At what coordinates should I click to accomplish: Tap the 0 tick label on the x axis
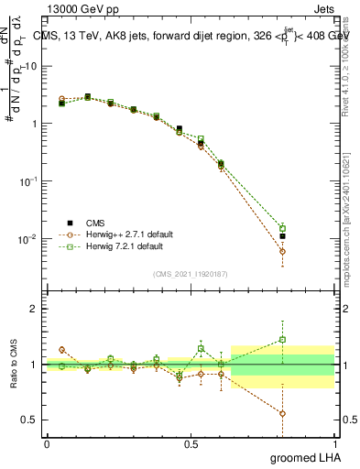click(x=47, y=443)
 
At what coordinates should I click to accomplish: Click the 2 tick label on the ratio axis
click(x=35, y=309)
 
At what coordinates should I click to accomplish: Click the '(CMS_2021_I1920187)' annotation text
click(x=190, y=273)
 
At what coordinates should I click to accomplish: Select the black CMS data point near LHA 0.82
click(x=282, y=236)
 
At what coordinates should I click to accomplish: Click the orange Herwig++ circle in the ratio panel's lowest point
click(x=282, y=413)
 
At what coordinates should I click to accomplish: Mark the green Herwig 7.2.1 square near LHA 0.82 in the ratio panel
click(x=282, y=339)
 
